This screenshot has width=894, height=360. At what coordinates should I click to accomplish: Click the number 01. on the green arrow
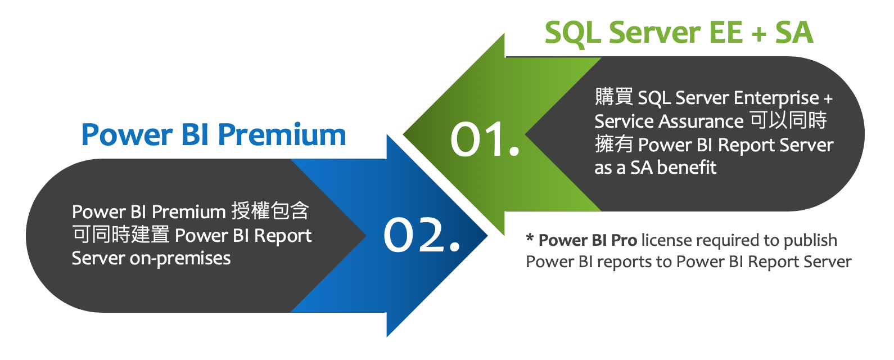[485, 139]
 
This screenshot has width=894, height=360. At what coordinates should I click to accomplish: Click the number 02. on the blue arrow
[421, 235]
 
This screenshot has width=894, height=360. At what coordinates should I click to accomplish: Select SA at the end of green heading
[794, 33]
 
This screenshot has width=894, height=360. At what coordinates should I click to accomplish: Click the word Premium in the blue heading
[282, 135]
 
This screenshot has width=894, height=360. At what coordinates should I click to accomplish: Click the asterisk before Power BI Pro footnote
[530, 238]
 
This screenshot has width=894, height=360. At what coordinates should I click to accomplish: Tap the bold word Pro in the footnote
[624, 240]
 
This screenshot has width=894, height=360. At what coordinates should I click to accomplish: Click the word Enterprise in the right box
[776, 98]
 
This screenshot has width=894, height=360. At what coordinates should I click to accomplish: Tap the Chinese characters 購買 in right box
[614, 97]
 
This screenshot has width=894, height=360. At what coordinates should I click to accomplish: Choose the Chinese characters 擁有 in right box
[614, 145]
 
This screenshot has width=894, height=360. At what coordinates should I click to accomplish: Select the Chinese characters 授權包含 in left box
[270, 211]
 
